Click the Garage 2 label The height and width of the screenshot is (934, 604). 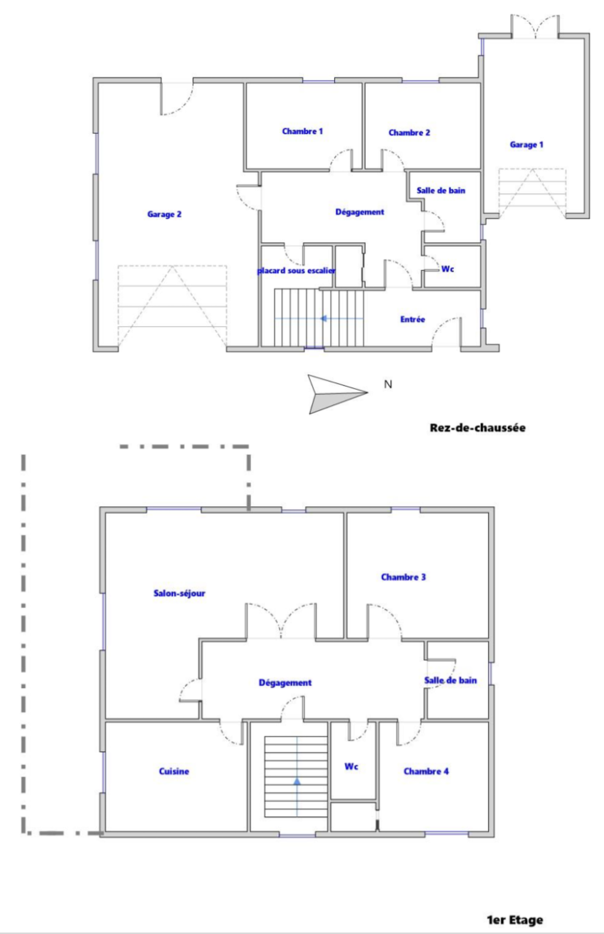(164, 214)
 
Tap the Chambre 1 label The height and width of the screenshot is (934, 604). (302, 131)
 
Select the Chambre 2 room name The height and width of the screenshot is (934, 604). (409, 133)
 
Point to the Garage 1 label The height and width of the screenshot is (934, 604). (526, 145)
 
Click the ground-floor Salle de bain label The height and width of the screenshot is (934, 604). (441, 191)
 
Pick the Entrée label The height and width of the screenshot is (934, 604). (413, 319)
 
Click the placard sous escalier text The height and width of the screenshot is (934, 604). (296, 271)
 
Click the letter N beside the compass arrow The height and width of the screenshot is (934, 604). (388, 384)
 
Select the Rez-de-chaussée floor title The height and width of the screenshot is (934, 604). (477, 428)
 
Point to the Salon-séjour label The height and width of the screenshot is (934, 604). (179, 593)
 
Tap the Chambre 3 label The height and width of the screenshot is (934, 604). (403, 577)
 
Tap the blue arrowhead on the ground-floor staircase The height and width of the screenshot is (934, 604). (324, 318)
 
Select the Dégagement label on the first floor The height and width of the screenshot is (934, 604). (285, 682)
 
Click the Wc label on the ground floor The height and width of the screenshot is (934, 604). (447, 269)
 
